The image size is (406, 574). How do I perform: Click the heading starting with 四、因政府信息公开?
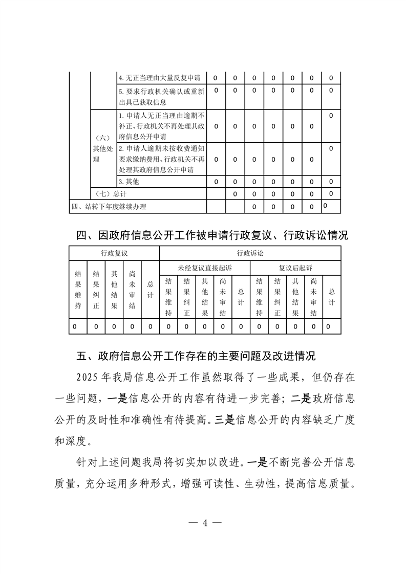coord(211,235)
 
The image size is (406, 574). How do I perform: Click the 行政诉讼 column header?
coord(250,253)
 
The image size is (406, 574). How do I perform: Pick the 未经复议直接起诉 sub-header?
coord(205,267)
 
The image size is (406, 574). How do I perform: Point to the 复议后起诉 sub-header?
coord(295,267)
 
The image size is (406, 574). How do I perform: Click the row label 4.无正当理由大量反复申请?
coord(162,78)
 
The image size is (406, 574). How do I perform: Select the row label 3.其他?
coord(129,182)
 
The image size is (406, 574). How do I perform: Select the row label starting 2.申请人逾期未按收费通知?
coord(162,159)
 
